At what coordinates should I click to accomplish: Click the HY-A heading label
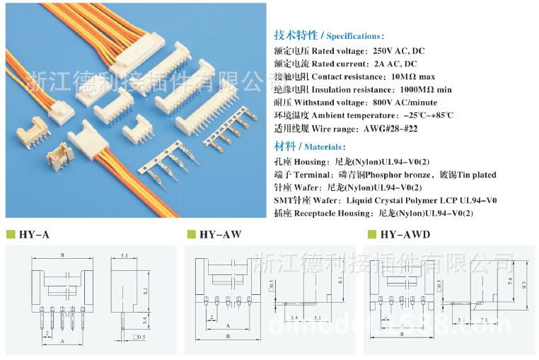34,234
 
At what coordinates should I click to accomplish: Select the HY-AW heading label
218,234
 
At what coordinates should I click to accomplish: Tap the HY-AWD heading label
405,234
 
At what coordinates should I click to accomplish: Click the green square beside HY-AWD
371,234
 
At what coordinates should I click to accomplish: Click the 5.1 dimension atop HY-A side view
124,255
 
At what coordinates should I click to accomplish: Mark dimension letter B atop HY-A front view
63,255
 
